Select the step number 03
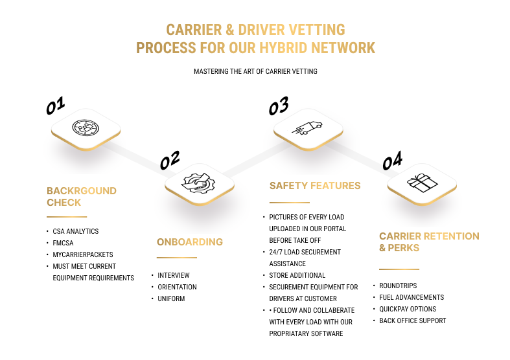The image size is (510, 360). pyautogui.click(x=279, y=105)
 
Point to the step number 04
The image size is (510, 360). pyautogui.click(x=392, y=160)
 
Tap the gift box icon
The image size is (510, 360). pyautogui.click(x=422, y=183)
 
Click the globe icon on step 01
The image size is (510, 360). pyautogui.click(x=86, y=128)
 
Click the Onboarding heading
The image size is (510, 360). pyautogui.click(x=189, y=242)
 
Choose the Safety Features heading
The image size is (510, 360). pyautogui.click(x=315, y=186)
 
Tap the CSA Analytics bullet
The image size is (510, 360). pyautogui.click(x=76, y=231)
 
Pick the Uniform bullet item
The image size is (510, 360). pyautogui.click(x=171, y=298)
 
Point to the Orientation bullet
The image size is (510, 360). pyautogui.click(x=177, y=287)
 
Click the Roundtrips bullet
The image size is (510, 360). pyautogui.click(x=399, y=286)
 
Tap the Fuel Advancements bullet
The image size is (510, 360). pyautogui.click(x=411, y=297)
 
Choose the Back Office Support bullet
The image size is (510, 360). pyautogui.click(x=413, y=321)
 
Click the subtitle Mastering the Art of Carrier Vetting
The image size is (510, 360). pyautogui.click(x=255, y=71)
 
